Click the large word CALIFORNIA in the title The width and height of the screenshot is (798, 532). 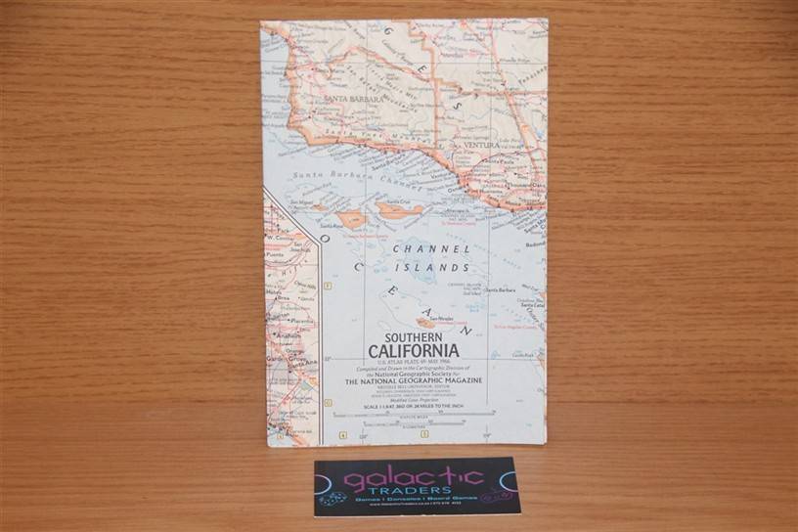pos(414,352)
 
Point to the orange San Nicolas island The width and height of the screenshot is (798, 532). pos(428,322)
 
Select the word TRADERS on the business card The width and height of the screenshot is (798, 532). pos(418,491)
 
